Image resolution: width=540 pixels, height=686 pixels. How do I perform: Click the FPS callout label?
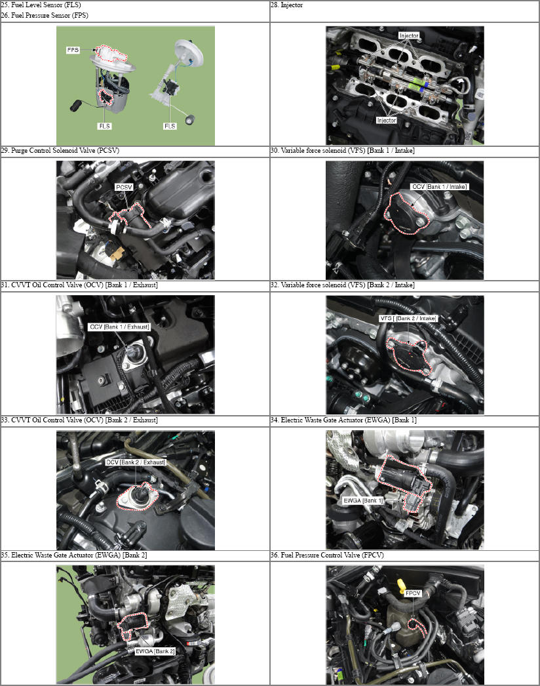coord(73,50)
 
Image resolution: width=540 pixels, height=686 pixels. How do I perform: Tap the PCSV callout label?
coord(124,188)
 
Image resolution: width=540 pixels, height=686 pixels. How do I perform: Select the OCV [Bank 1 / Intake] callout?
coord(440,187)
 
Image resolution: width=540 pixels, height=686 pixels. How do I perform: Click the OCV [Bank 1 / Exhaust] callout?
coord(119,327)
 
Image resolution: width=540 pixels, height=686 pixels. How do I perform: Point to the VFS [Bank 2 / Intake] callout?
coord(408,318)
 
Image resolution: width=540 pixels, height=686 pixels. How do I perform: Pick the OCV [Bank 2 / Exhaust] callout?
coord(136,462)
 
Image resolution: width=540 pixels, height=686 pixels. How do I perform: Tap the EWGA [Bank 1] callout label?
coord(363,500)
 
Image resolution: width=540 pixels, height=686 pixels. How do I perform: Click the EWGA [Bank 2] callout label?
coord(155,651)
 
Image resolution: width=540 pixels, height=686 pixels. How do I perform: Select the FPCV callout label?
coord(413,594)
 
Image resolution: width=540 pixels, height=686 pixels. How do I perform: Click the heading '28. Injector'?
coord(286,5)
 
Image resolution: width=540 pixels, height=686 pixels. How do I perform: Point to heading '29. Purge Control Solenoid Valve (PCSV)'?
coord(60,150)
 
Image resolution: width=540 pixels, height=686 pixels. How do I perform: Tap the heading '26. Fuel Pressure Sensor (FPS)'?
coord(45,15)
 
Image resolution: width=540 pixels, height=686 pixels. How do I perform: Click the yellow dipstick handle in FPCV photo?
coord(401,586)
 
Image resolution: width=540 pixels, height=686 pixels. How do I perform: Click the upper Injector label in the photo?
coord(409,35)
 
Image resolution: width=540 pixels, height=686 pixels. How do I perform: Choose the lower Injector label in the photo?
coord(386,120)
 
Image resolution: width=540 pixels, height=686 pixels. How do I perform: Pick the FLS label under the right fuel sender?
coord(170,126)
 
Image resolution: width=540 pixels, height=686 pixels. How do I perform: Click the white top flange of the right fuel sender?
coord(190,52)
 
